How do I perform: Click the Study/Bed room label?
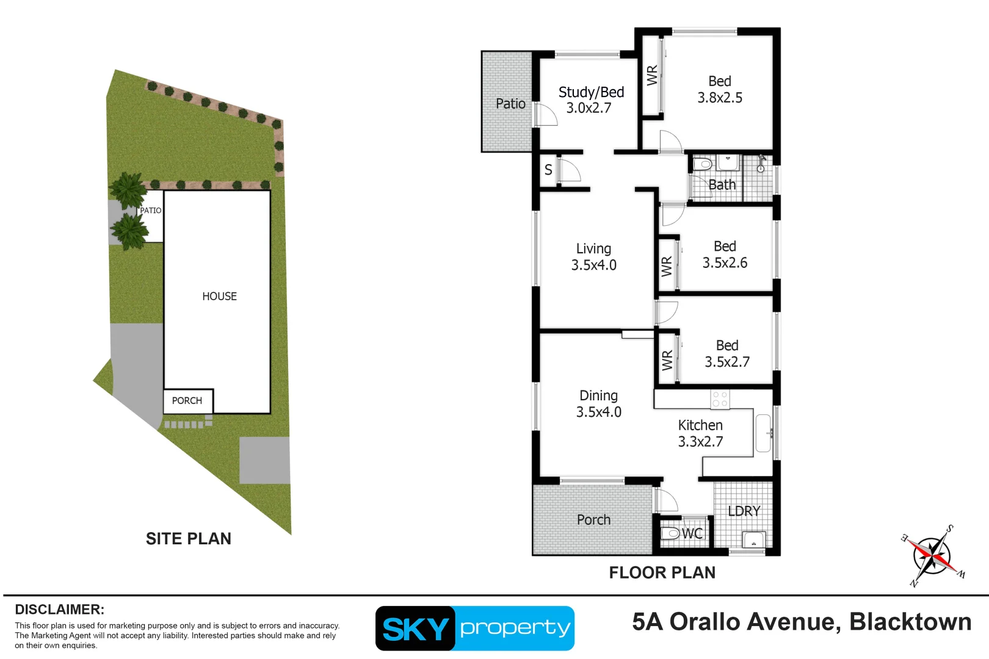[591, 93]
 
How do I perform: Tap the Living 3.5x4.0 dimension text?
[593, 265]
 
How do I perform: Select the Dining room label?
[598, 396]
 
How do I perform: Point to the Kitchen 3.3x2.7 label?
[700, 433]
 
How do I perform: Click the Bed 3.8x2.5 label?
[720, 90]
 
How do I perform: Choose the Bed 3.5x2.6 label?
[725, 254]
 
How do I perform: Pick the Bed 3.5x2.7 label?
[727, 354]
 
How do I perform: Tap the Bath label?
[722, 185]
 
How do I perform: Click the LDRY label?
[744, 511]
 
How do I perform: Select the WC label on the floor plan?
[692, 534]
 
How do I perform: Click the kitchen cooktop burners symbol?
[720, 400]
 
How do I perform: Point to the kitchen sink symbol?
[763, 433]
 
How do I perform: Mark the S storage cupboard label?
[548, 170]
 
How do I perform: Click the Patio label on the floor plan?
[510, 104]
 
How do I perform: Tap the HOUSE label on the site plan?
[219, 297]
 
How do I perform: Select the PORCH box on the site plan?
[187, 401]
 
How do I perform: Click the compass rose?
[932, 556]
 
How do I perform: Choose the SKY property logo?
[474, 628]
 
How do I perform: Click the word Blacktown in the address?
[910, 622]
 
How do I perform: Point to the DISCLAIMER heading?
[59, 610]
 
